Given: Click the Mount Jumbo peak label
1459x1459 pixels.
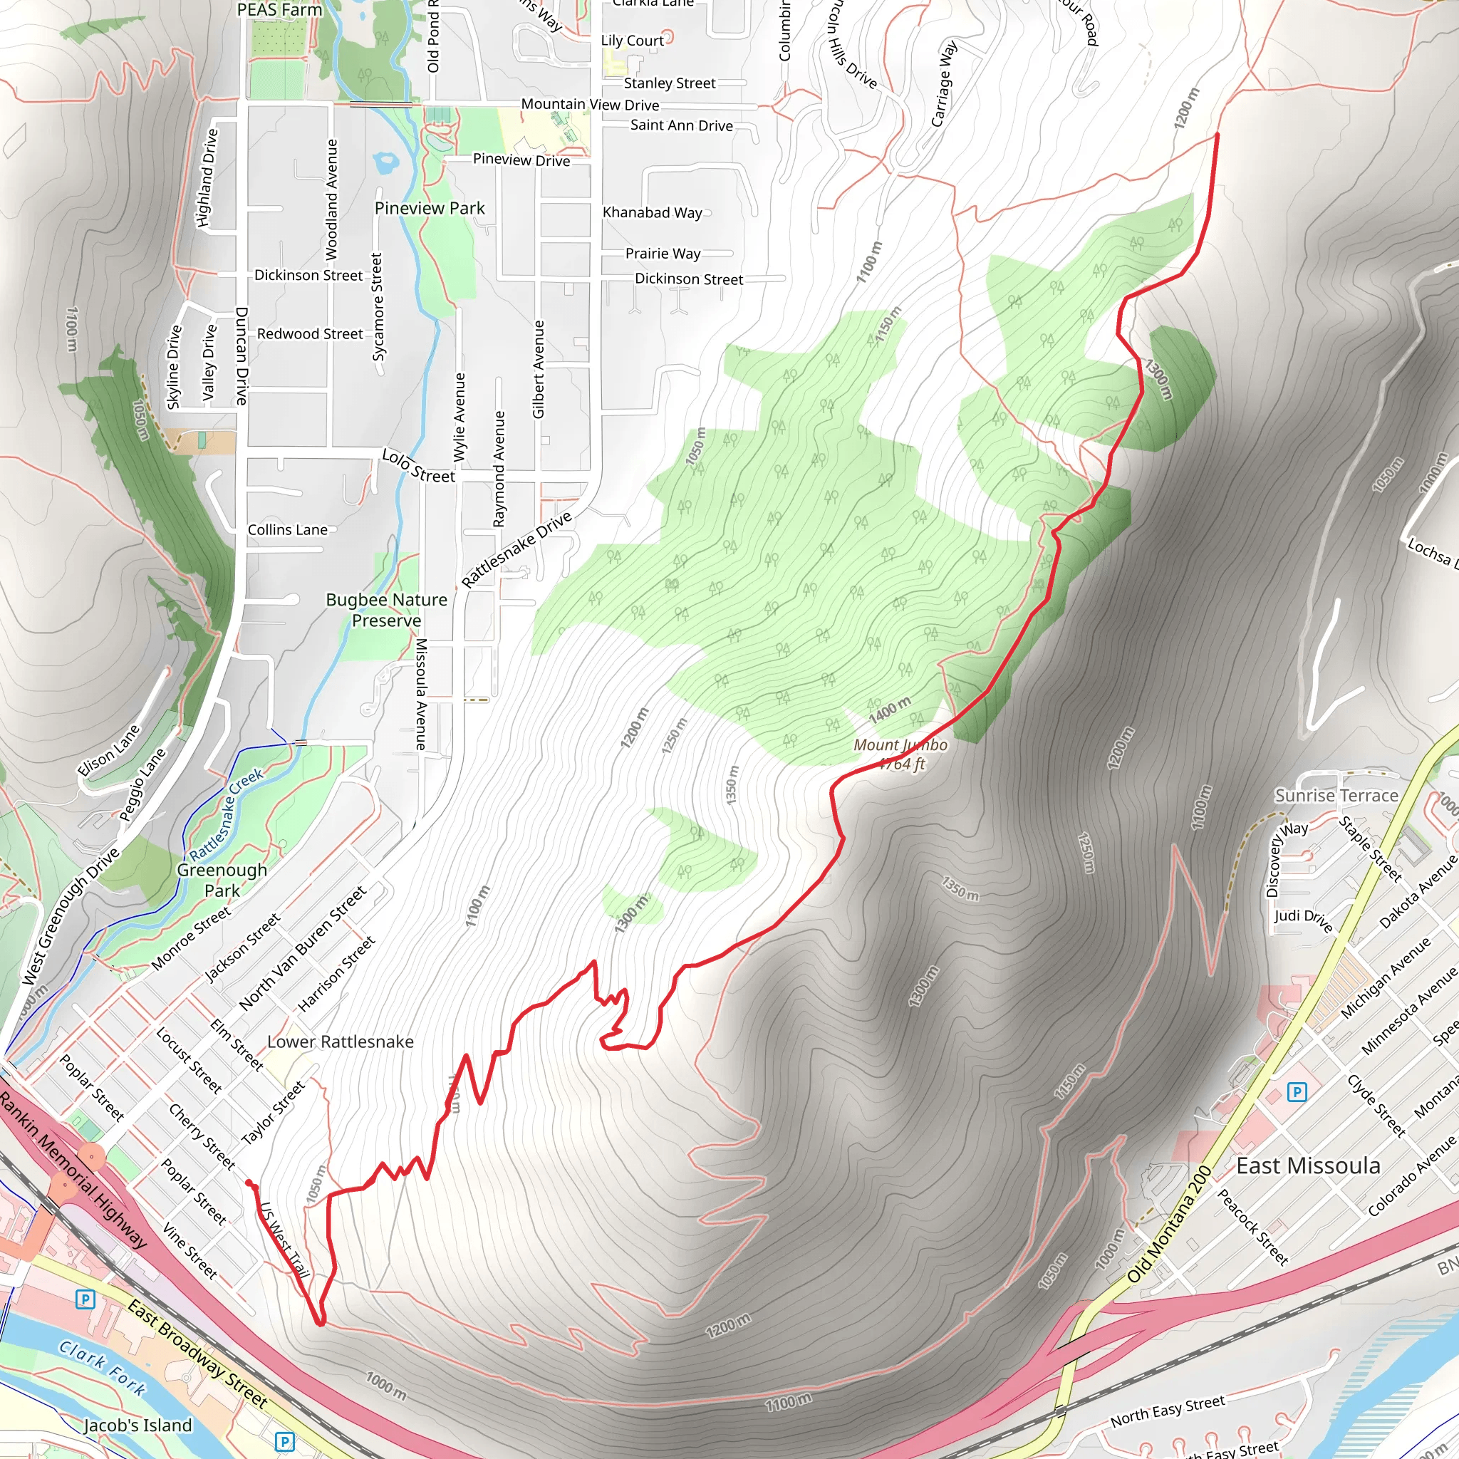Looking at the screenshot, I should click(x=900, y=754).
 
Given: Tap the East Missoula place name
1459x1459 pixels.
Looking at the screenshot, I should click(x=1308, y=1165).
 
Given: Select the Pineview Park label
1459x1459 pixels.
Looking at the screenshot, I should click(x=430, y=208).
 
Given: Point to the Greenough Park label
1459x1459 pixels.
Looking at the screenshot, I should click(x=222, y=880).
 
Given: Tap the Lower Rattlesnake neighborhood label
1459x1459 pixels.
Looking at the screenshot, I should click(x=341, y=1042).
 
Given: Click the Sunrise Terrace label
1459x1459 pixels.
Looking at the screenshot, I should click(x=1336, y=795).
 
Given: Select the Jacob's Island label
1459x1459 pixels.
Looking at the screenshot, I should click(x=138, y=1425).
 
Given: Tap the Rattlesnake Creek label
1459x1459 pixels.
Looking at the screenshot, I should click(x=226, y=814).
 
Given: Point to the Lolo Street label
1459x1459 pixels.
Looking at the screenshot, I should click(x=418, y=465).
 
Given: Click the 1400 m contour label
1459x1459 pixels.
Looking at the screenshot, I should click(x=890, y=710).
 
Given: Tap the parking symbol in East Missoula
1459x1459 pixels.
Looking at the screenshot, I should click(x=1297, y=1091).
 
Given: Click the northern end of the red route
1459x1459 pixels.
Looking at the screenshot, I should click(x=1217, y=135).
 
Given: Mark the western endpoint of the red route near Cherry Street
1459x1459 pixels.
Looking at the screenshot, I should click(x=249, y=1183).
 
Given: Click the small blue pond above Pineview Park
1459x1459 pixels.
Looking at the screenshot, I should click(x=386, y=161).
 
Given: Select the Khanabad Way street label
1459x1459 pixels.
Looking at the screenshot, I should click(x=652, y=212).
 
